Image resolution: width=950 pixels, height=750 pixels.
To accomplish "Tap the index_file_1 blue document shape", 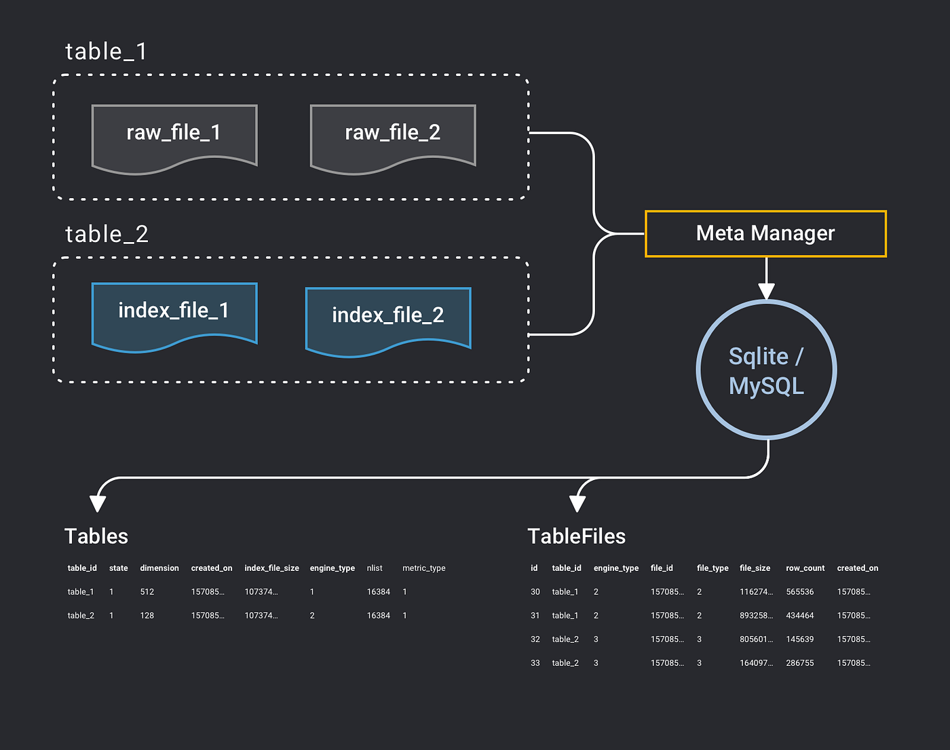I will pyautogui.click(x=174, y=313).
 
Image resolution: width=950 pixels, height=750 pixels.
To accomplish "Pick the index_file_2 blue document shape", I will pyautogui.click(x=388, y=317).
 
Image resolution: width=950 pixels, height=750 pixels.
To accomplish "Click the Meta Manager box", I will pyautogui.click(x=765, y=233).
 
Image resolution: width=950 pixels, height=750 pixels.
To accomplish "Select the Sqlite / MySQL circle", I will pyautogui.click(x=766, y=370).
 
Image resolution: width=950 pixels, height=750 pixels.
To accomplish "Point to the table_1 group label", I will pyautogui.click(x=106, y=52).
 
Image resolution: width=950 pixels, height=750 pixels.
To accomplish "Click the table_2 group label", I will pyautogui.click(x=107, y=234).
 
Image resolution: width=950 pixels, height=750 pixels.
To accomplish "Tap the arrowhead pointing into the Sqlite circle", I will pyautogui.click(x=766, y=291).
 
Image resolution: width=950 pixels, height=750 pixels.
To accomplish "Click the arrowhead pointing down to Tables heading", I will pyautogui.click(x=98, y=503).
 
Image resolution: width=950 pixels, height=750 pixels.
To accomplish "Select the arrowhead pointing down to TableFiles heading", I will pyautogui.click(x=577, y=503).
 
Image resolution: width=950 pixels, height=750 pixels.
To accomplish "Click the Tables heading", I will pyautogui.click(x=96, y=536).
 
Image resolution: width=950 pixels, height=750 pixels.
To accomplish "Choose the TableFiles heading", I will pyautogui.click(x=576, y=536).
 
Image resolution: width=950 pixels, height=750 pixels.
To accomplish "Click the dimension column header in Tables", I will pyautogui.click(x=159, y=568).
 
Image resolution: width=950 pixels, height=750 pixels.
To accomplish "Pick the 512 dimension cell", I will pyautogui.click(x=147, y=592).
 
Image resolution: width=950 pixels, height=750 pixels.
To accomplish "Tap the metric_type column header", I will pyautogui.click(x=423, y=568).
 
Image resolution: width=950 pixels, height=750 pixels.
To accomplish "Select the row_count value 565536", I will pyautogui.click(x=799, y=592).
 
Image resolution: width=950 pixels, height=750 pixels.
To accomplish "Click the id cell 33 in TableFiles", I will pyautogui.click(x=535, y=663).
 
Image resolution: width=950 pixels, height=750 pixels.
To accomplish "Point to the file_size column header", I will pyautogui.click(x=755, y=568).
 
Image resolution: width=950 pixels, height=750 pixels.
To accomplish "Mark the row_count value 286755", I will pyautogui.click(x=799, y=663).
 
